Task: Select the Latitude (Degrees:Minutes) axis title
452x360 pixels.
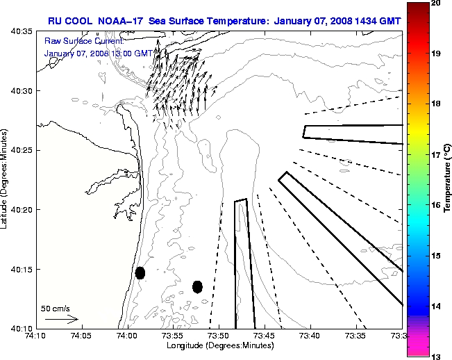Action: [x=6, y=179]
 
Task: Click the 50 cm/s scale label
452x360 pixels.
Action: [x=54, y=308]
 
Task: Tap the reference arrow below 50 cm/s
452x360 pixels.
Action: [x=61, y=319]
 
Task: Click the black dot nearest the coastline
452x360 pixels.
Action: [x=140, y=272]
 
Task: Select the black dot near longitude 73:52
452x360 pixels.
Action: [x=198, y=286]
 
